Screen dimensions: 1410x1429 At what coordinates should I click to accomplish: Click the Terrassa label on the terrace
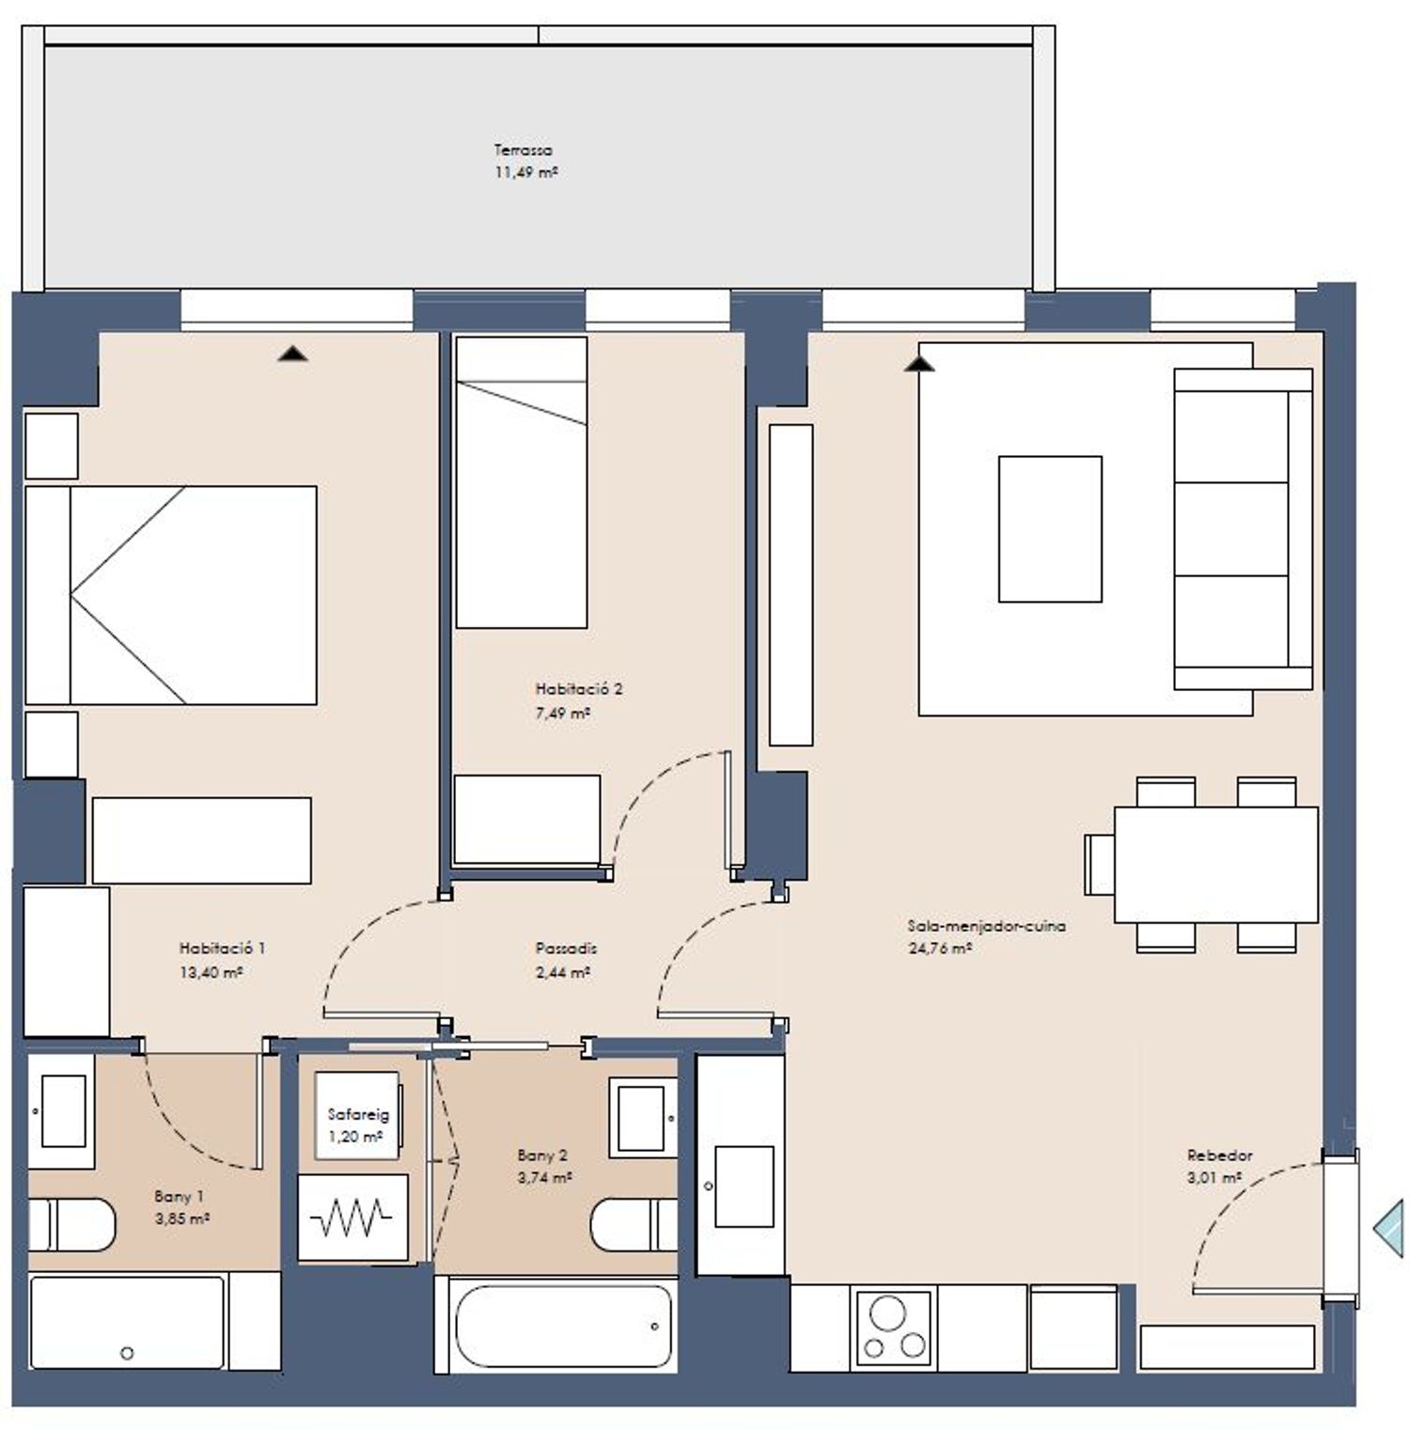(x=523, y=150)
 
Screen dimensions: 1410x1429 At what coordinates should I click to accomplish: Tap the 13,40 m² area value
(x=211, y=972)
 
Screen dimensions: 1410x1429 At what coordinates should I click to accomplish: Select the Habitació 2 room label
(x=578, y=689)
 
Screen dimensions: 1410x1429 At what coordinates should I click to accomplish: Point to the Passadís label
(x=566, y=949)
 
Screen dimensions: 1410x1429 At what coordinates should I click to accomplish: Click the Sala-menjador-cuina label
(x=986, y=926)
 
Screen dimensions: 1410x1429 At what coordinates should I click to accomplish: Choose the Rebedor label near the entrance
(x=1219, y=1155)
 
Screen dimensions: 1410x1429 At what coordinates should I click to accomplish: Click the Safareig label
(x=358, y=1115)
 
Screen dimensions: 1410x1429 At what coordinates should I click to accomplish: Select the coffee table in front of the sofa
(x=1050, y=528)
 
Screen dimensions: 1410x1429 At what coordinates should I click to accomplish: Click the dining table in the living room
(x=1216, y=864)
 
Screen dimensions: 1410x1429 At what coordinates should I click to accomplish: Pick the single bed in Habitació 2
(x=522, y=482)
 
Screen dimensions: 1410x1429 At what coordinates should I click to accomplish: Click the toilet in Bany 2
(x=634, y=1225)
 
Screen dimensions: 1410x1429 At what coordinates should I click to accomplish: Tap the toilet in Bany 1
(x=71, y=1224)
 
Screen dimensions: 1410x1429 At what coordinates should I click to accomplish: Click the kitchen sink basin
(x=744, y=1186)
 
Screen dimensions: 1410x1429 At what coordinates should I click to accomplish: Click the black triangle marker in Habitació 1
(x=293, y=353)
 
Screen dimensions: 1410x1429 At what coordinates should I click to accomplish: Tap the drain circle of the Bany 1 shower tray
(x=127, y=1354)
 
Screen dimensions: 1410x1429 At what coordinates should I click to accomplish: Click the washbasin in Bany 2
(x=643, y=1117)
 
